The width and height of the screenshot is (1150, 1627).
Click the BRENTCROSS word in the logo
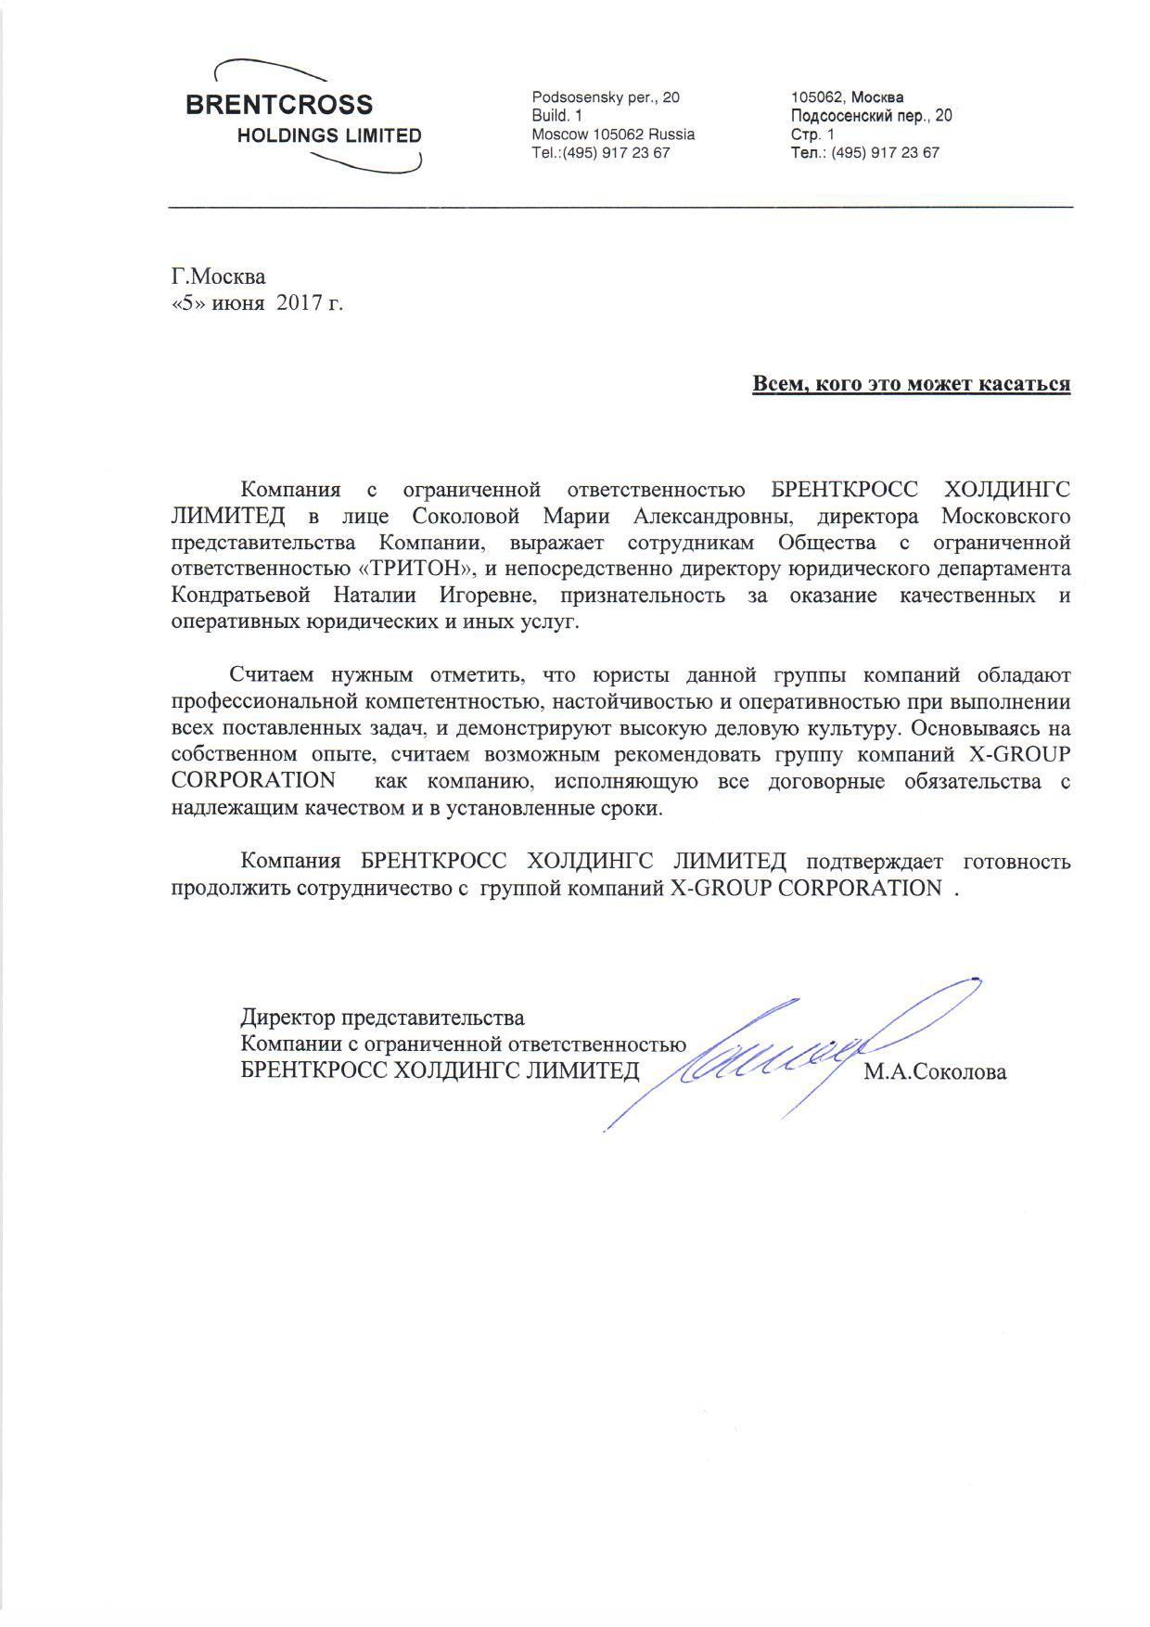279,104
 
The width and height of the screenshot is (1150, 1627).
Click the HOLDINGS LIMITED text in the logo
329,135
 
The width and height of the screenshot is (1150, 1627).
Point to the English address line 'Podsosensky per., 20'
606,97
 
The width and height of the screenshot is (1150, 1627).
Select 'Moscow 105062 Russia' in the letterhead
613,135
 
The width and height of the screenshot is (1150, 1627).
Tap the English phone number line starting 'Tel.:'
600,153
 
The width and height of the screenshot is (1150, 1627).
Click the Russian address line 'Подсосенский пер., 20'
871,116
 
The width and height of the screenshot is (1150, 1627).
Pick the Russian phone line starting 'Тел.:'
864,153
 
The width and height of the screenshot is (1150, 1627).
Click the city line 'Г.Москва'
219,276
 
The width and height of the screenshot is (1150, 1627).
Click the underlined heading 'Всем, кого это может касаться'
911,384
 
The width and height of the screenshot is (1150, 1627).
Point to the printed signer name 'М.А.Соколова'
934,1073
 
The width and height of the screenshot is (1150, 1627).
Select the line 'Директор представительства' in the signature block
382,1018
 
